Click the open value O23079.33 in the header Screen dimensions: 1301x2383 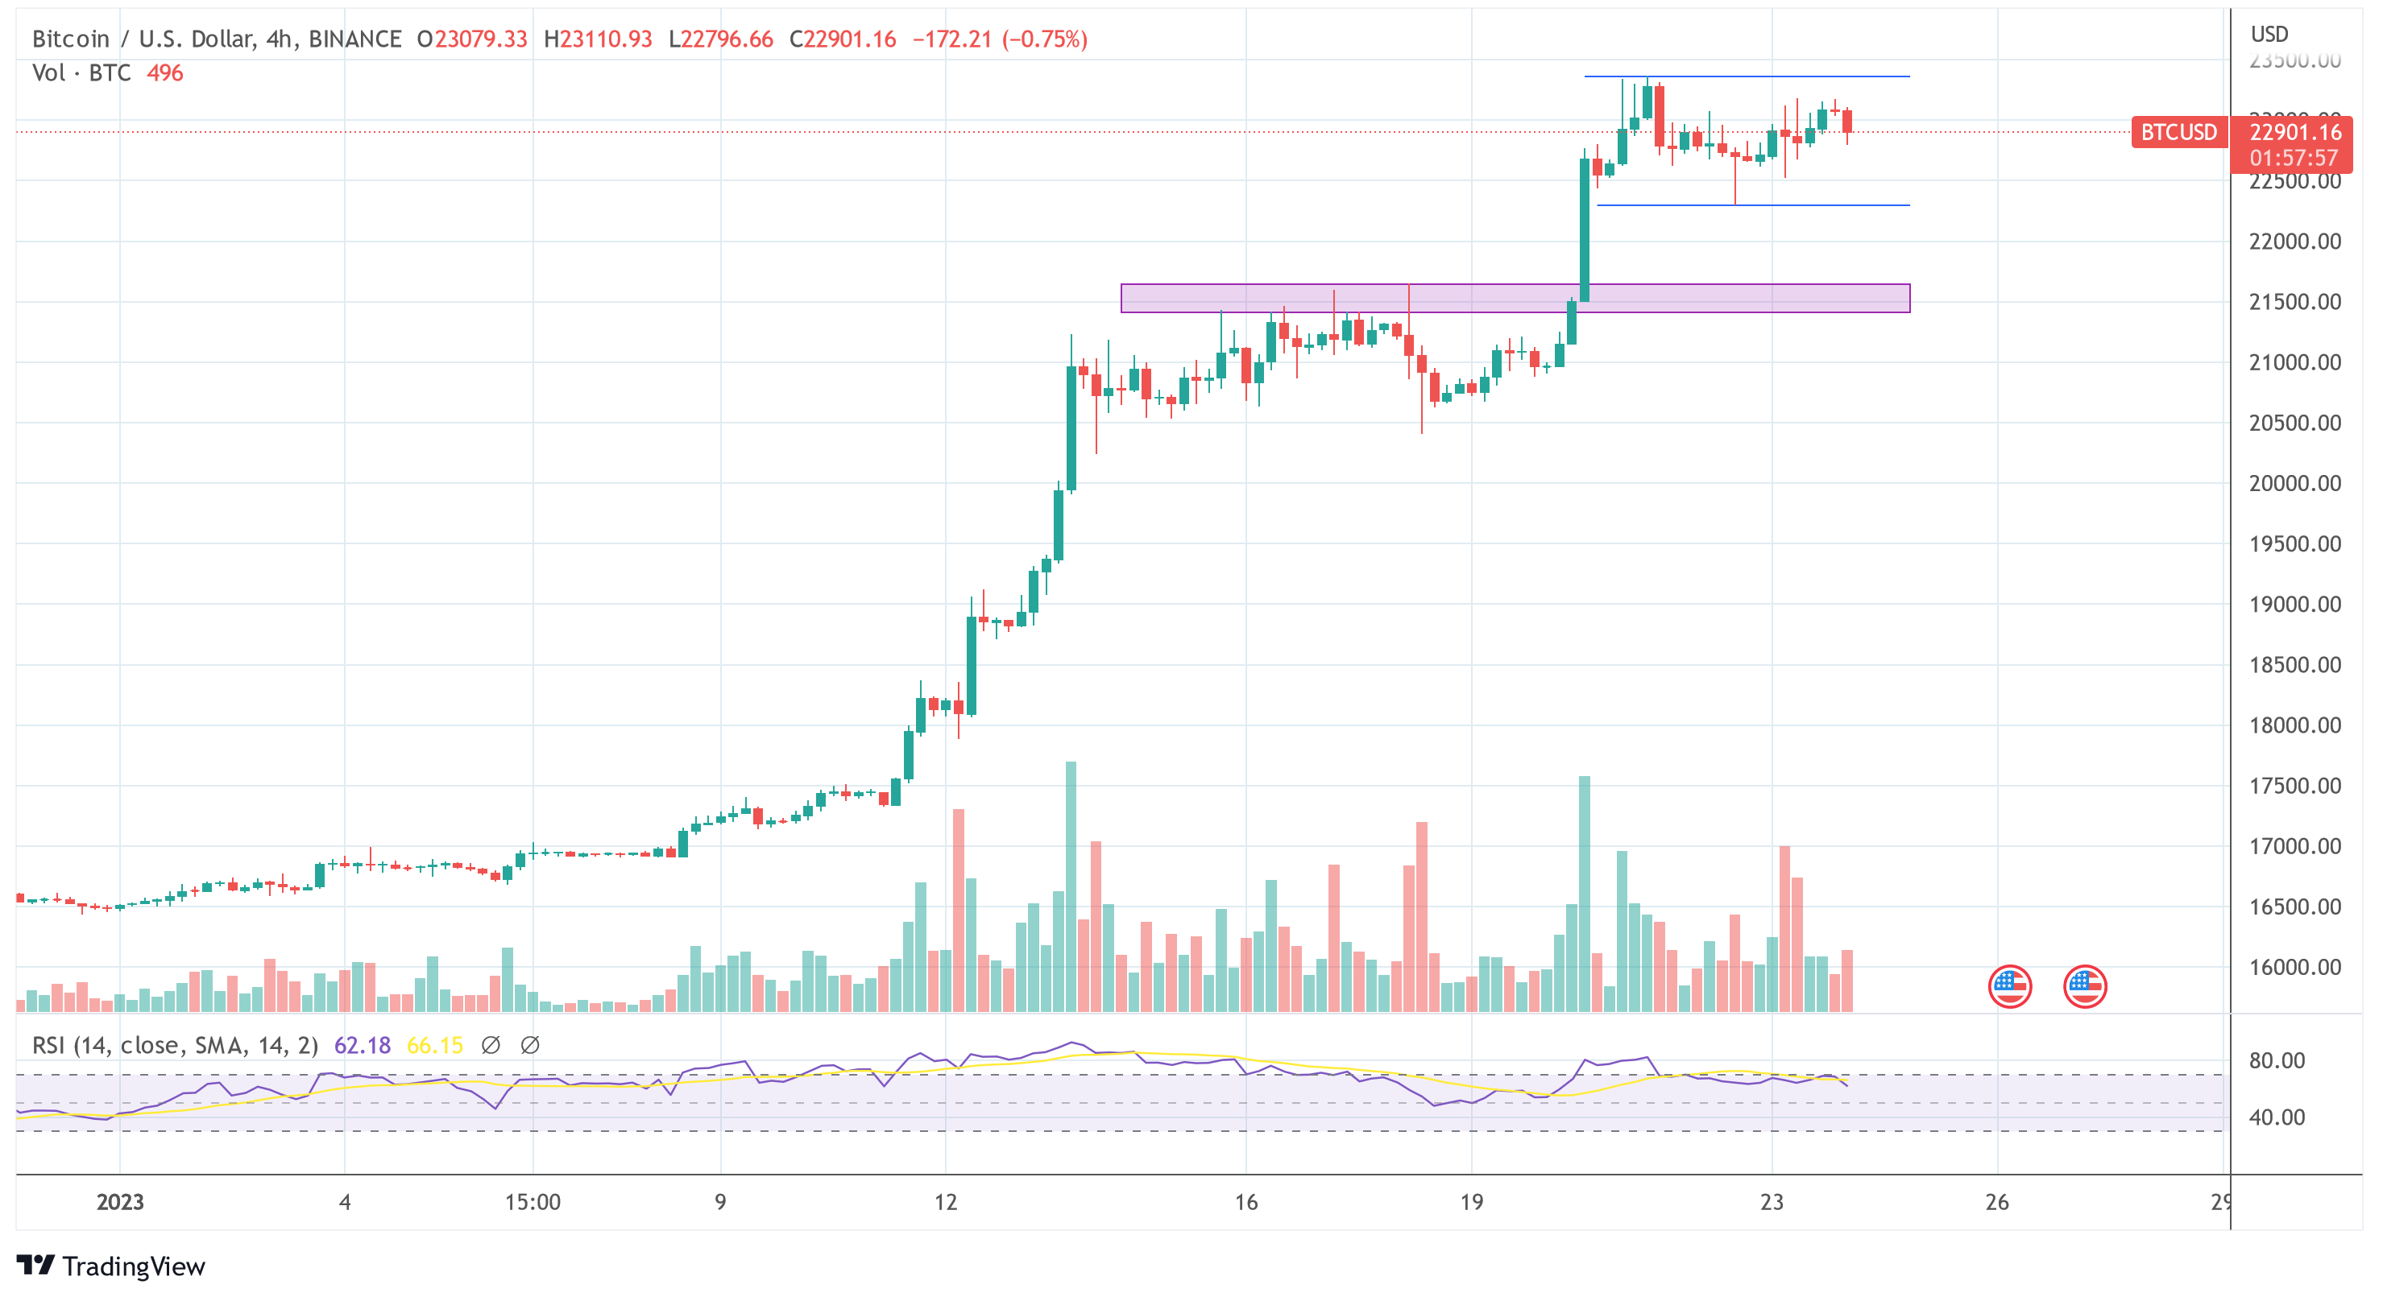coord(472,39)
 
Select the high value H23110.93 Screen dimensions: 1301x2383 coord(598,39)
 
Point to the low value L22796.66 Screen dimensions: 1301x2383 coord(721,39)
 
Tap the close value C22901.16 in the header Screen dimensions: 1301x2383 coord(843,39)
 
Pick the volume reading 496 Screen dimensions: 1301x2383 coord(164,73)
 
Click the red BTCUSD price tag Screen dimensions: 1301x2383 coord(2178,132)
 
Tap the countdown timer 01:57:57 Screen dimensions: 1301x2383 coord(2294,158)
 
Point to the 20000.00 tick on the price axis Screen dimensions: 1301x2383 coord(2294,484)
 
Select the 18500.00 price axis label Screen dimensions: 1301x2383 coord(2294,665)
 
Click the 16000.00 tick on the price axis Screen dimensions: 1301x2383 coord(2294,967)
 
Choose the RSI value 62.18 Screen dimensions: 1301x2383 coord(362,1045)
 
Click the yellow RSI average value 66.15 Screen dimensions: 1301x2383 coord(435,1045)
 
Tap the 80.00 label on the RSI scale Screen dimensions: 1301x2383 coord(2277,1060)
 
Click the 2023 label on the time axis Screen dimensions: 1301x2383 coord(120,1202)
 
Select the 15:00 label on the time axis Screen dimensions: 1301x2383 coord(533,1202)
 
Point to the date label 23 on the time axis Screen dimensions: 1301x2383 coord(1772,1202)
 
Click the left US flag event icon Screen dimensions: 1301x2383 coord(2009,985)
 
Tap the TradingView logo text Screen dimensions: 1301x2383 coord(133,1266)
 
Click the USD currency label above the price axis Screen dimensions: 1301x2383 coord(2269,34)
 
